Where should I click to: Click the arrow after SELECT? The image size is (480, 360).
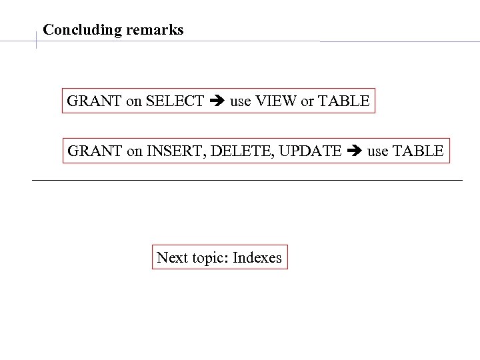pyautogui.click(x=217, y=101)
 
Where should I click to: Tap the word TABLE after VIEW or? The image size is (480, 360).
pyautogui.click(x=343, y=101)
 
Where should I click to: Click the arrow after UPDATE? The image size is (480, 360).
pyautogui.click(x=354, y=151)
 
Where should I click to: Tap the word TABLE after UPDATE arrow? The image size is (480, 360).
pyautogui.click(x=417, y=151)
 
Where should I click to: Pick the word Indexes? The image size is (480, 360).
pyautogui.click(x=258, y=257)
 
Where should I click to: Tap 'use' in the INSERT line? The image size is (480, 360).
pyautogui.click(x=377, y=151)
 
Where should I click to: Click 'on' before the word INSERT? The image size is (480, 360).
pyautogui.click(x=134, y=151)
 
